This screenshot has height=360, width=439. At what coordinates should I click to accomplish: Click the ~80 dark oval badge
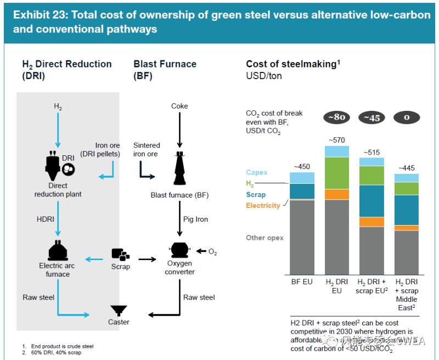(x=337, y=117)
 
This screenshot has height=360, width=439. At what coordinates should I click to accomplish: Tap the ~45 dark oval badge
(x=372, y=117)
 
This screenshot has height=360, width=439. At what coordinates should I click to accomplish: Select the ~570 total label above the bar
(x=336, y=140)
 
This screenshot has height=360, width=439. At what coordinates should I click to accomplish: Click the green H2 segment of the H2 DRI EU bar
(x=337, y=173)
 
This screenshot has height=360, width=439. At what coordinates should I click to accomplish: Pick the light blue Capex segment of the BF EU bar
(x=302, y=178)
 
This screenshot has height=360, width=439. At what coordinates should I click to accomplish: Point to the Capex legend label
(x=257, y=173)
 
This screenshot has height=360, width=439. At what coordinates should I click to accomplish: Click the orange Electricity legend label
(x=263, y=205)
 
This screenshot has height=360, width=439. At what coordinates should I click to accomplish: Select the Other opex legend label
(x=265, y=238)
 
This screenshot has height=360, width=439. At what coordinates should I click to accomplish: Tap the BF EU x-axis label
(x=302, y=282)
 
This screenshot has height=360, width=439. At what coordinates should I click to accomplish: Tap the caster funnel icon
(x=118, y=311)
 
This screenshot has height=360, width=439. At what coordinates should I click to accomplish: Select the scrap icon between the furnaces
(x=120, y=254)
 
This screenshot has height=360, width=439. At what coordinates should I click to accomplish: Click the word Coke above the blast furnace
(x=179, y=106)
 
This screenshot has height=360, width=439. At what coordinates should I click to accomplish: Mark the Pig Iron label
(x=196, y=219)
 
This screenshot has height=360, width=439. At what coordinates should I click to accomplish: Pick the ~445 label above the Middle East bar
(x=407, y=168)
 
